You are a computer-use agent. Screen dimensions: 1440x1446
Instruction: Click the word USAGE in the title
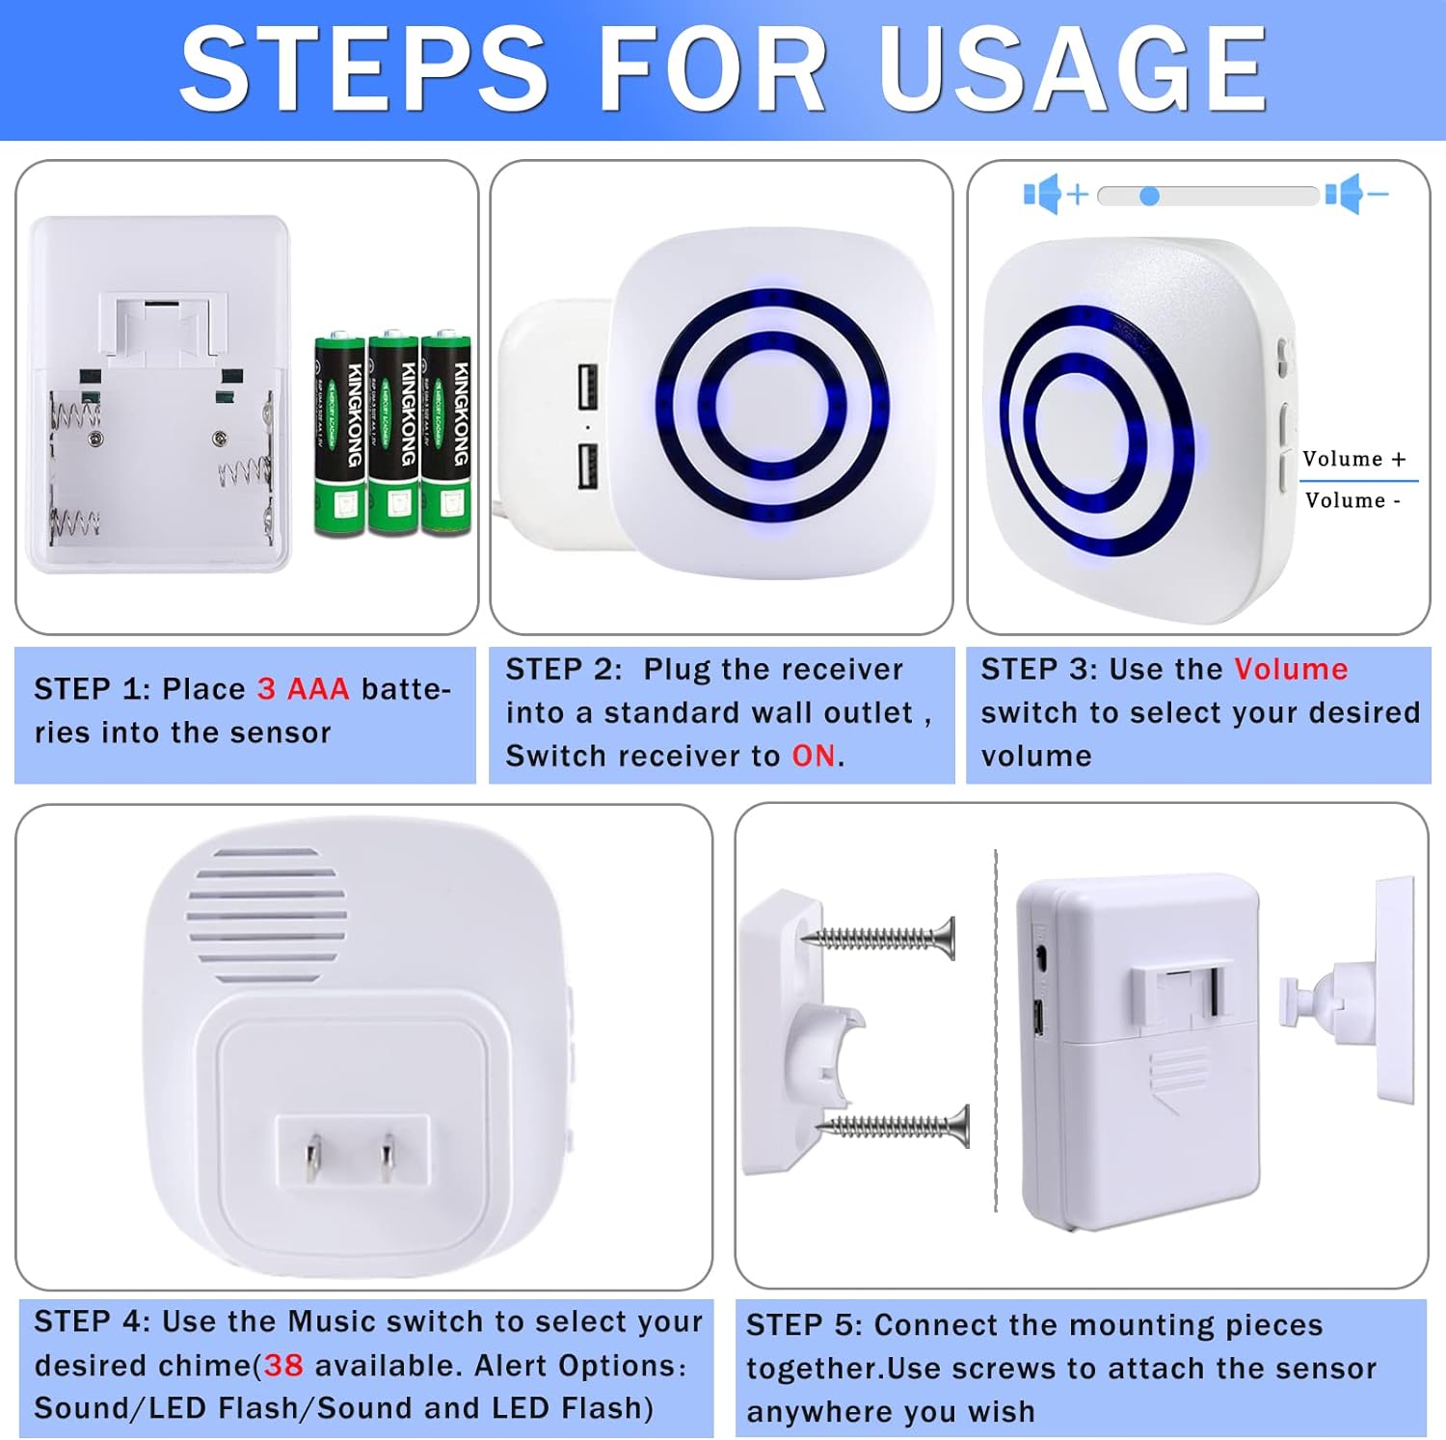1072,69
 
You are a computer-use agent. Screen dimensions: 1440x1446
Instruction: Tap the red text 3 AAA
303,689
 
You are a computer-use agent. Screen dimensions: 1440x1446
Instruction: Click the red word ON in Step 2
814,757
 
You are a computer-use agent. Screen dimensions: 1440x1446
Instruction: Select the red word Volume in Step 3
1291,669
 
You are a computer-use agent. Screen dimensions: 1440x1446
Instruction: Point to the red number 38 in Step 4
283,1365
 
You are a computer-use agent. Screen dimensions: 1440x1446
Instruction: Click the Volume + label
1353,459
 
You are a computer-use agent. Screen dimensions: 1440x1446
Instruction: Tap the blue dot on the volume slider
1149,197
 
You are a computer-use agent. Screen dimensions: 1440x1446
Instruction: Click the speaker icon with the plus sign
1055,195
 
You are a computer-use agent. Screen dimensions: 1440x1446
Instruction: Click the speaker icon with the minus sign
1355,195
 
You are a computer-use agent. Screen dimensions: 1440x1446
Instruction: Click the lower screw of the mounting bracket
893,1125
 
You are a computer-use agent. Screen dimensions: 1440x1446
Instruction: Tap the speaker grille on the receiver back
266,915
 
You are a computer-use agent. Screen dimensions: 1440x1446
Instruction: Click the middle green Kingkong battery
393,434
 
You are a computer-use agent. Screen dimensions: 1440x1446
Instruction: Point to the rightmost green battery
446,434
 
